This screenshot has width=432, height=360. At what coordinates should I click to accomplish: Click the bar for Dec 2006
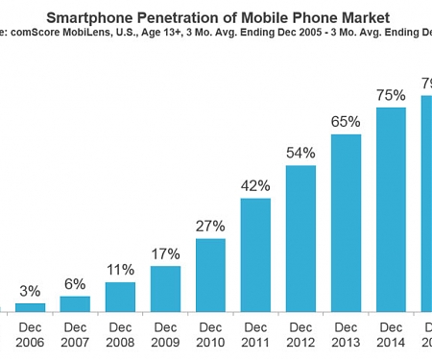[30, 307]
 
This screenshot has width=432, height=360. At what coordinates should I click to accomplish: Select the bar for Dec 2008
[120, 297]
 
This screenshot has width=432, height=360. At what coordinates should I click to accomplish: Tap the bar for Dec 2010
[210, 276]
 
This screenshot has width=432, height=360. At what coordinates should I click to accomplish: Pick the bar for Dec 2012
[300, 239]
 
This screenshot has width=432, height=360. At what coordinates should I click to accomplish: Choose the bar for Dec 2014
[391, 210]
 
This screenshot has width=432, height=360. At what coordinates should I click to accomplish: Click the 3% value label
[30, 291]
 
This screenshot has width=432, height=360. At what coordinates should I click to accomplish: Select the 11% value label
[120, 270]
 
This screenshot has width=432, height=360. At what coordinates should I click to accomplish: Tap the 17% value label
[165, 254]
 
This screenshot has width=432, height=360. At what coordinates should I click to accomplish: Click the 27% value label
[210, 227]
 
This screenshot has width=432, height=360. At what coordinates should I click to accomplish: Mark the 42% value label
[255, 186]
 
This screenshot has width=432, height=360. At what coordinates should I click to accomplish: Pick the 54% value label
[300, 154]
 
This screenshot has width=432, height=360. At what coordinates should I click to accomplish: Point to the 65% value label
[346, 122]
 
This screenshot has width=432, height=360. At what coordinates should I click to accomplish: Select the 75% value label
[391, 95]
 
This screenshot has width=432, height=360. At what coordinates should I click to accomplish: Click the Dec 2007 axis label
[75, 333]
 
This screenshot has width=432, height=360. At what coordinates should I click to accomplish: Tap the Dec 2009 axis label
[165, 333]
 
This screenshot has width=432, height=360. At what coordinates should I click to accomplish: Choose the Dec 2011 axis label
[255, 333]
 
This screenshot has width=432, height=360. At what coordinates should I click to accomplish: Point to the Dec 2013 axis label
[346, 333]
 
